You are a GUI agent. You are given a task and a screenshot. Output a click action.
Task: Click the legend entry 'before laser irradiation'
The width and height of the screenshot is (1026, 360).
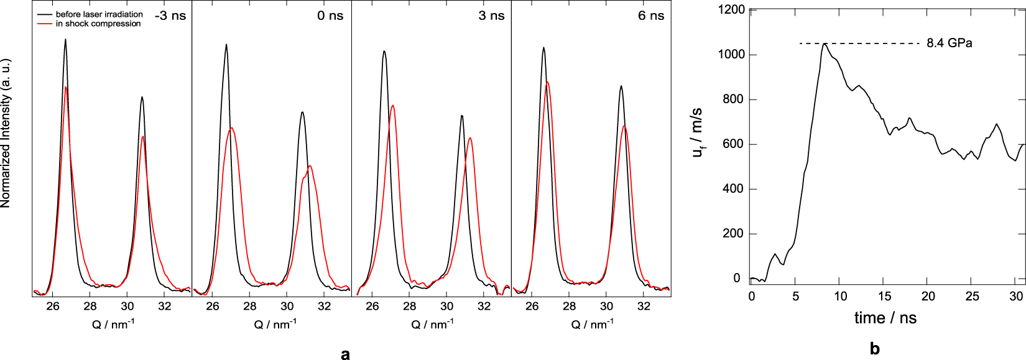pyautogui.click(x=99, y=14)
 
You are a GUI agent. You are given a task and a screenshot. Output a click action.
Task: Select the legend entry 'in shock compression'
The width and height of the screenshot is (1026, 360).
pyautogui.click(x=98, y=24)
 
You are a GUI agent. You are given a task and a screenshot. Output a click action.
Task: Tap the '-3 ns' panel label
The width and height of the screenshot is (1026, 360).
pyautogui.click(x=170, y=16)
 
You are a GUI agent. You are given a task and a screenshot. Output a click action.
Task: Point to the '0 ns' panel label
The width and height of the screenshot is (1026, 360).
pyautogui.click(x=330, y=16)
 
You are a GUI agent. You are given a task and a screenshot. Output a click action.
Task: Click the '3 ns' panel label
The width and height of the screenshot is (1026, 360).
pyautogui.click(x=491, y=16)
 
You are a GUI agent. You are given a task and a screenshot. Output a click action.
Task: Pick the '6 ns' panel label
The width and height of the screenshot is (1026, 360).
pyautogui.click(x=651, y=16)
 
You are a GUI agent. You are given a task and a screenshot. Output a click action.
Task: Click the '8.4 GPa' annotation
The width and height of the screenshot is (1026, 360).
pyautogui.click(x=949, y=43)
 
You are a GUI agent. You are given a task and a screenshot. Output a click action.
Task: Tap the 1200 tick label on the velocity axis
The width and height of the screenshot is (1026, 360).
pyautogui.click(x=731, y=9)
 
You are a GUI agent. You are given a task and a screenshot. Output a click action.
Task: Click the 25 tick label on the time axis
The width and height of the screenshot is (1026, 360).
pyautogui.click(x=972, y=297)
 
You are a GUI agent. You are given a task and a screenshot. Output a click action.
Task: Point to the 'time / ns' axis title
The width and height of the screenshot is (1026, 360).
pyautogui.click(x=885, y=318)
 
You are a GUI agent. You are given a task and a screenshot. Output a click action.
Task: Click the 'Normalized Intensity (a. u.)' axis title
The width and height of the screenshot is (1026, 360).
pyautogui.click(x=6, y=133)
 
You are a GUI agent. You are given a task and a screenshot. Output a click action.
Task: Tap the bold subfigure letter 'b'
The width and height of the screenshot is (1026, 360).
pyautogui.click(x=875, y=349)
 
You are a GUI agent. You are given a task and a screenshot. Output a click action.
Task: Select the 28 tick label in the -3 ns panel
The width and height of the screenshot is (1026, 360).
pyautogui.click(x=90, y=306)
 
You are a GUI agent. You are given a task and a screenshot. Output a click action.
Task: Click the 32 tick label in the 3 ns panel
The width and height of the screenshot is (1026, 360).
pyautogui.click(x=484, y=306)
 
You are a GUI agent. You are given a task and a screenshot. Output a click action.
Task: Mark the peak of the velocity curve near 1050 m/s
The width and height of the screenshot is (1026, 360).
pyautogui.click(x=825, y=44)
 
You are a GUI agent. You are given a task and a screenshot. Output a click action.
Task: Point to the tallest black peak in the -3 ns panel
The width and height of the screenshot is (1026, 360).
pyautogui.click(x=65, y=40)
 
